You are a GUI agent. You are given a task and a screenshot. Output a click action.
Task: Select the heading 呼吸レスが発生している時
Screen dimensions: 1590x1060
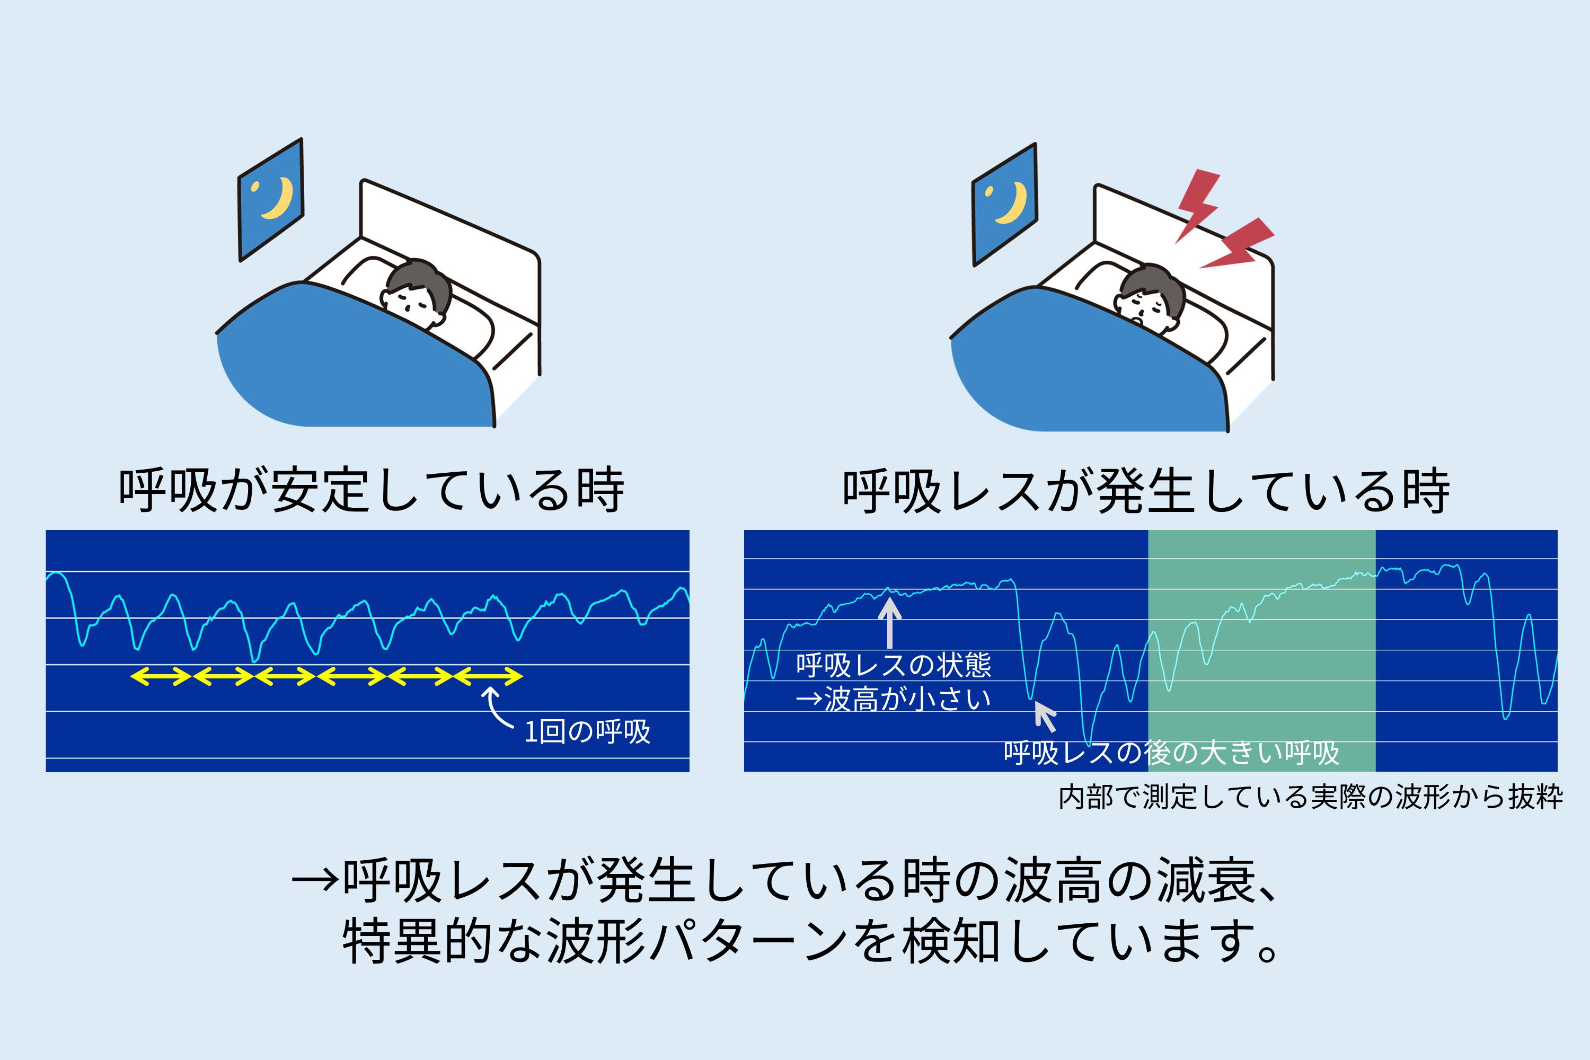click(1146, 491)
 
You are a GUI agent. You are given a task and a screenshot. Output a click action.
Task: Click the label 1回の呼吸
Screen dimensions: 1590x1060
click(587, 732)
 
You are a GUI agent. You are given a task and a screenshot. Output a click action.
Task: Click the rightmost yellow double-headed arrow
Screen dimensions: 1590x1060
click(488, 676)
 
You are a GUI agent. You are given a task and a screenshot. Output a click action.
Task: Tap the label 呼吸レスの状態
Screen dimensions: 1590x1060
click(893, 665)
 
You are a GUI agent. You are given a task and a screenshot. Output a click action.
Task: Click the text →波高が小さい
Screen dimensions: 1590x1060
click(893, 699)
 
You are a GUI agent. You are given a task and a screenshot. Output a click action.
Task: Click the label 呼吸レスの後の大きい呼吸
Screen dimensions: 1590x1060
click(1171, 753)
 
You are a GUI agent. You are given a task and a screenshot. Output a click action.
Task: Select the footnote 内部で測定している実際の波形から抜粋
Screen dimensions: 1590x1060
click(1310, 798)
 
